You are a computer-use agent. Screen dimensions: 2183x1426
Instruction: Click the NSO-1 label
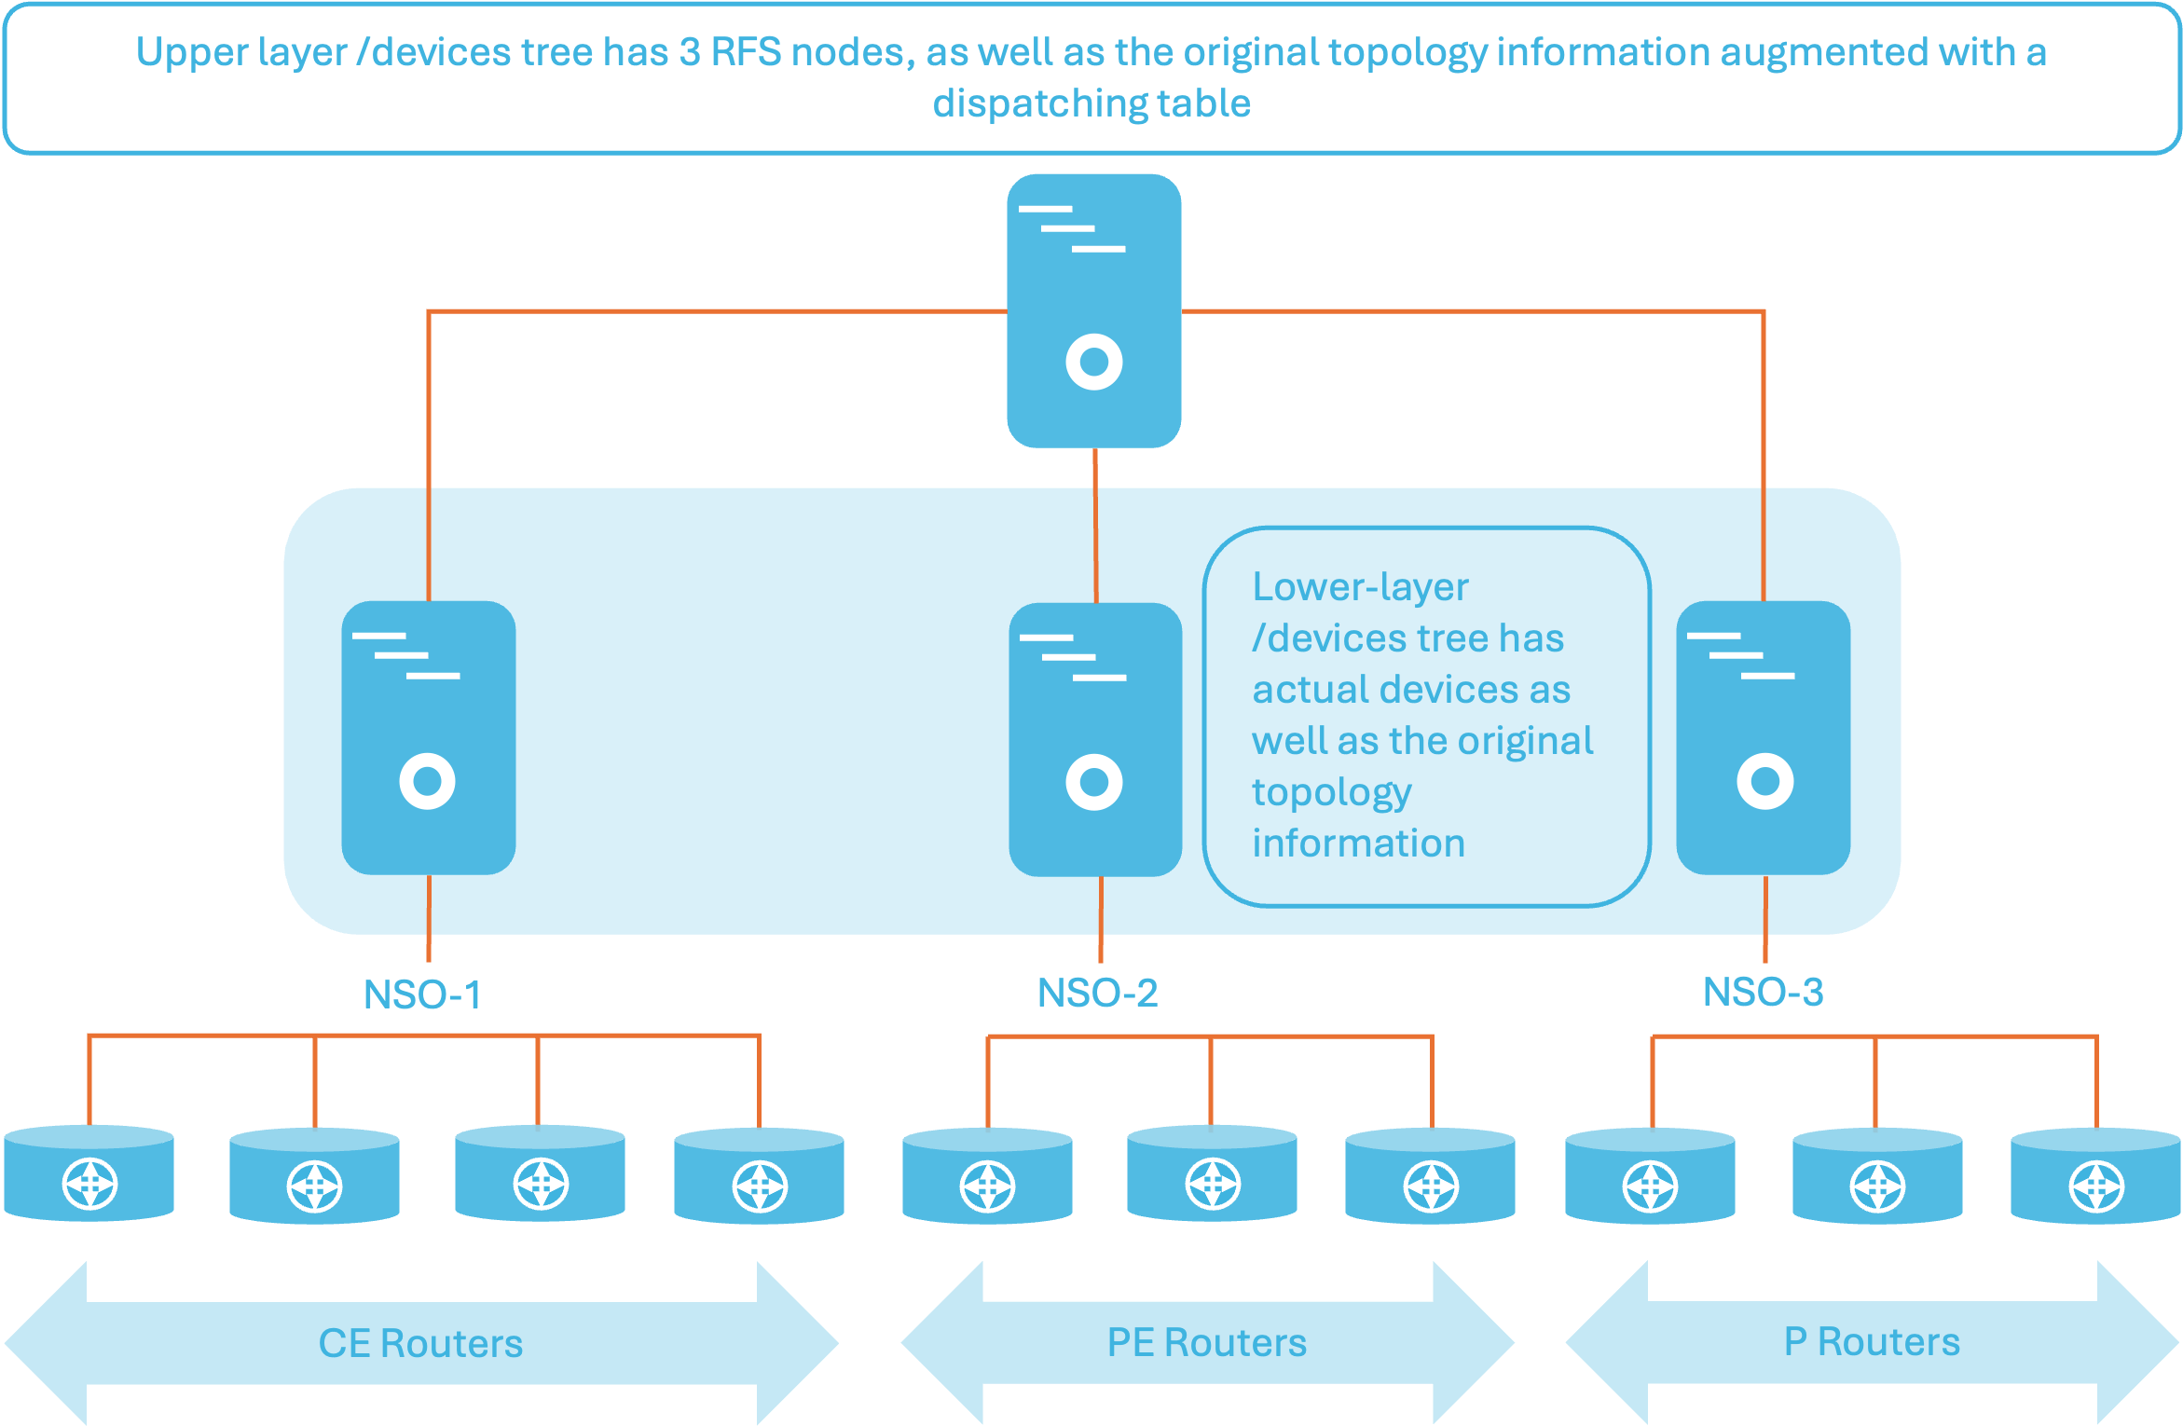tap(422, 994)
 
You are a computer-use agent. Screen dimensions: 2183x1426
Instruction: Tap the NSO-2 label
tap(1097, 993)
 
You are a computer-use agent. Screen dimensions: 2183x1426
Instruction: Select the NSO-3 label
tap(1763, 992)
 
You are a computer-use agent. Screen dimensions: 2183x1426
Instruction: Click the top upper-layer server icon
tap(1094, 310)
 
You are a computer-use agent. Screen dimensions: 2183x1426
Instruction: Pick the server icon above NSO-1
tap(429, 737)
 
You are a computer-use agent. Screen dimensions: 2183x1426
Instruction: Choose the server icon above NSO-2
tap(1095, 739)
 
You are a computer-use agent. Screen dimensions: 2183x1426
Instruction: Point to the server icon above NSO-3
tap(1764, 737)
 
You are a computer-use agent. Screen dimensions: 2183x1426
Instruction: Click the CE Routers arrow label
tap(420, 1343)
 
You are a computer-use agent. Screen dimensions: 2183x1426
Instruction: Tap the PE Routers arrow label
tap(1207, 1342)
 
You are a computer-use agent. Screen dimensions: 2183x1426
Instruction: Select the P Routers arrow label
tap(1872, 1341)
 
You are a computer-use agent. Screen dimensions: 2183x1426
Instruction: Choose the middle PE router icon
tap(1212, 1173)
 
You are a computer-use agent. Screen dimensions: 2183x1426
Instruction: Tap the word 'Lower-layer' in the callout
tap(1360, 587)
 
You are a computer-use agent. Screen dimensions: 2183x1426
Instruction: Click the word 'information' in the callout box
tap(1358, 843)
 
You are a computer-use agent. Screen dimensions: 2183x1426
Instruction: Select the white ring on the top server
tap(1094, 362)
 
